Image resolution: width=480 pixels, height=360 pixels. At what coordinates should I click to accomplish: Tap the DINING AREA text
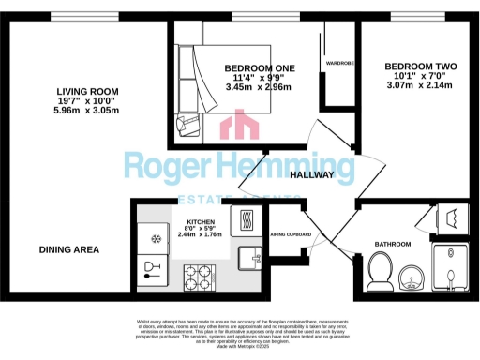(68, 249)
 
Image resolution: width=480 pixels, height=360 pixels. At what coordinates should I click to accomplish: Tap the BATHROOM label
(393, 245)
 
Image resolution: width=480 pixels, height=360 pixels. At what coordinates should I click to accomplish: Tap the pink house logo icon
(240, 127)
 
